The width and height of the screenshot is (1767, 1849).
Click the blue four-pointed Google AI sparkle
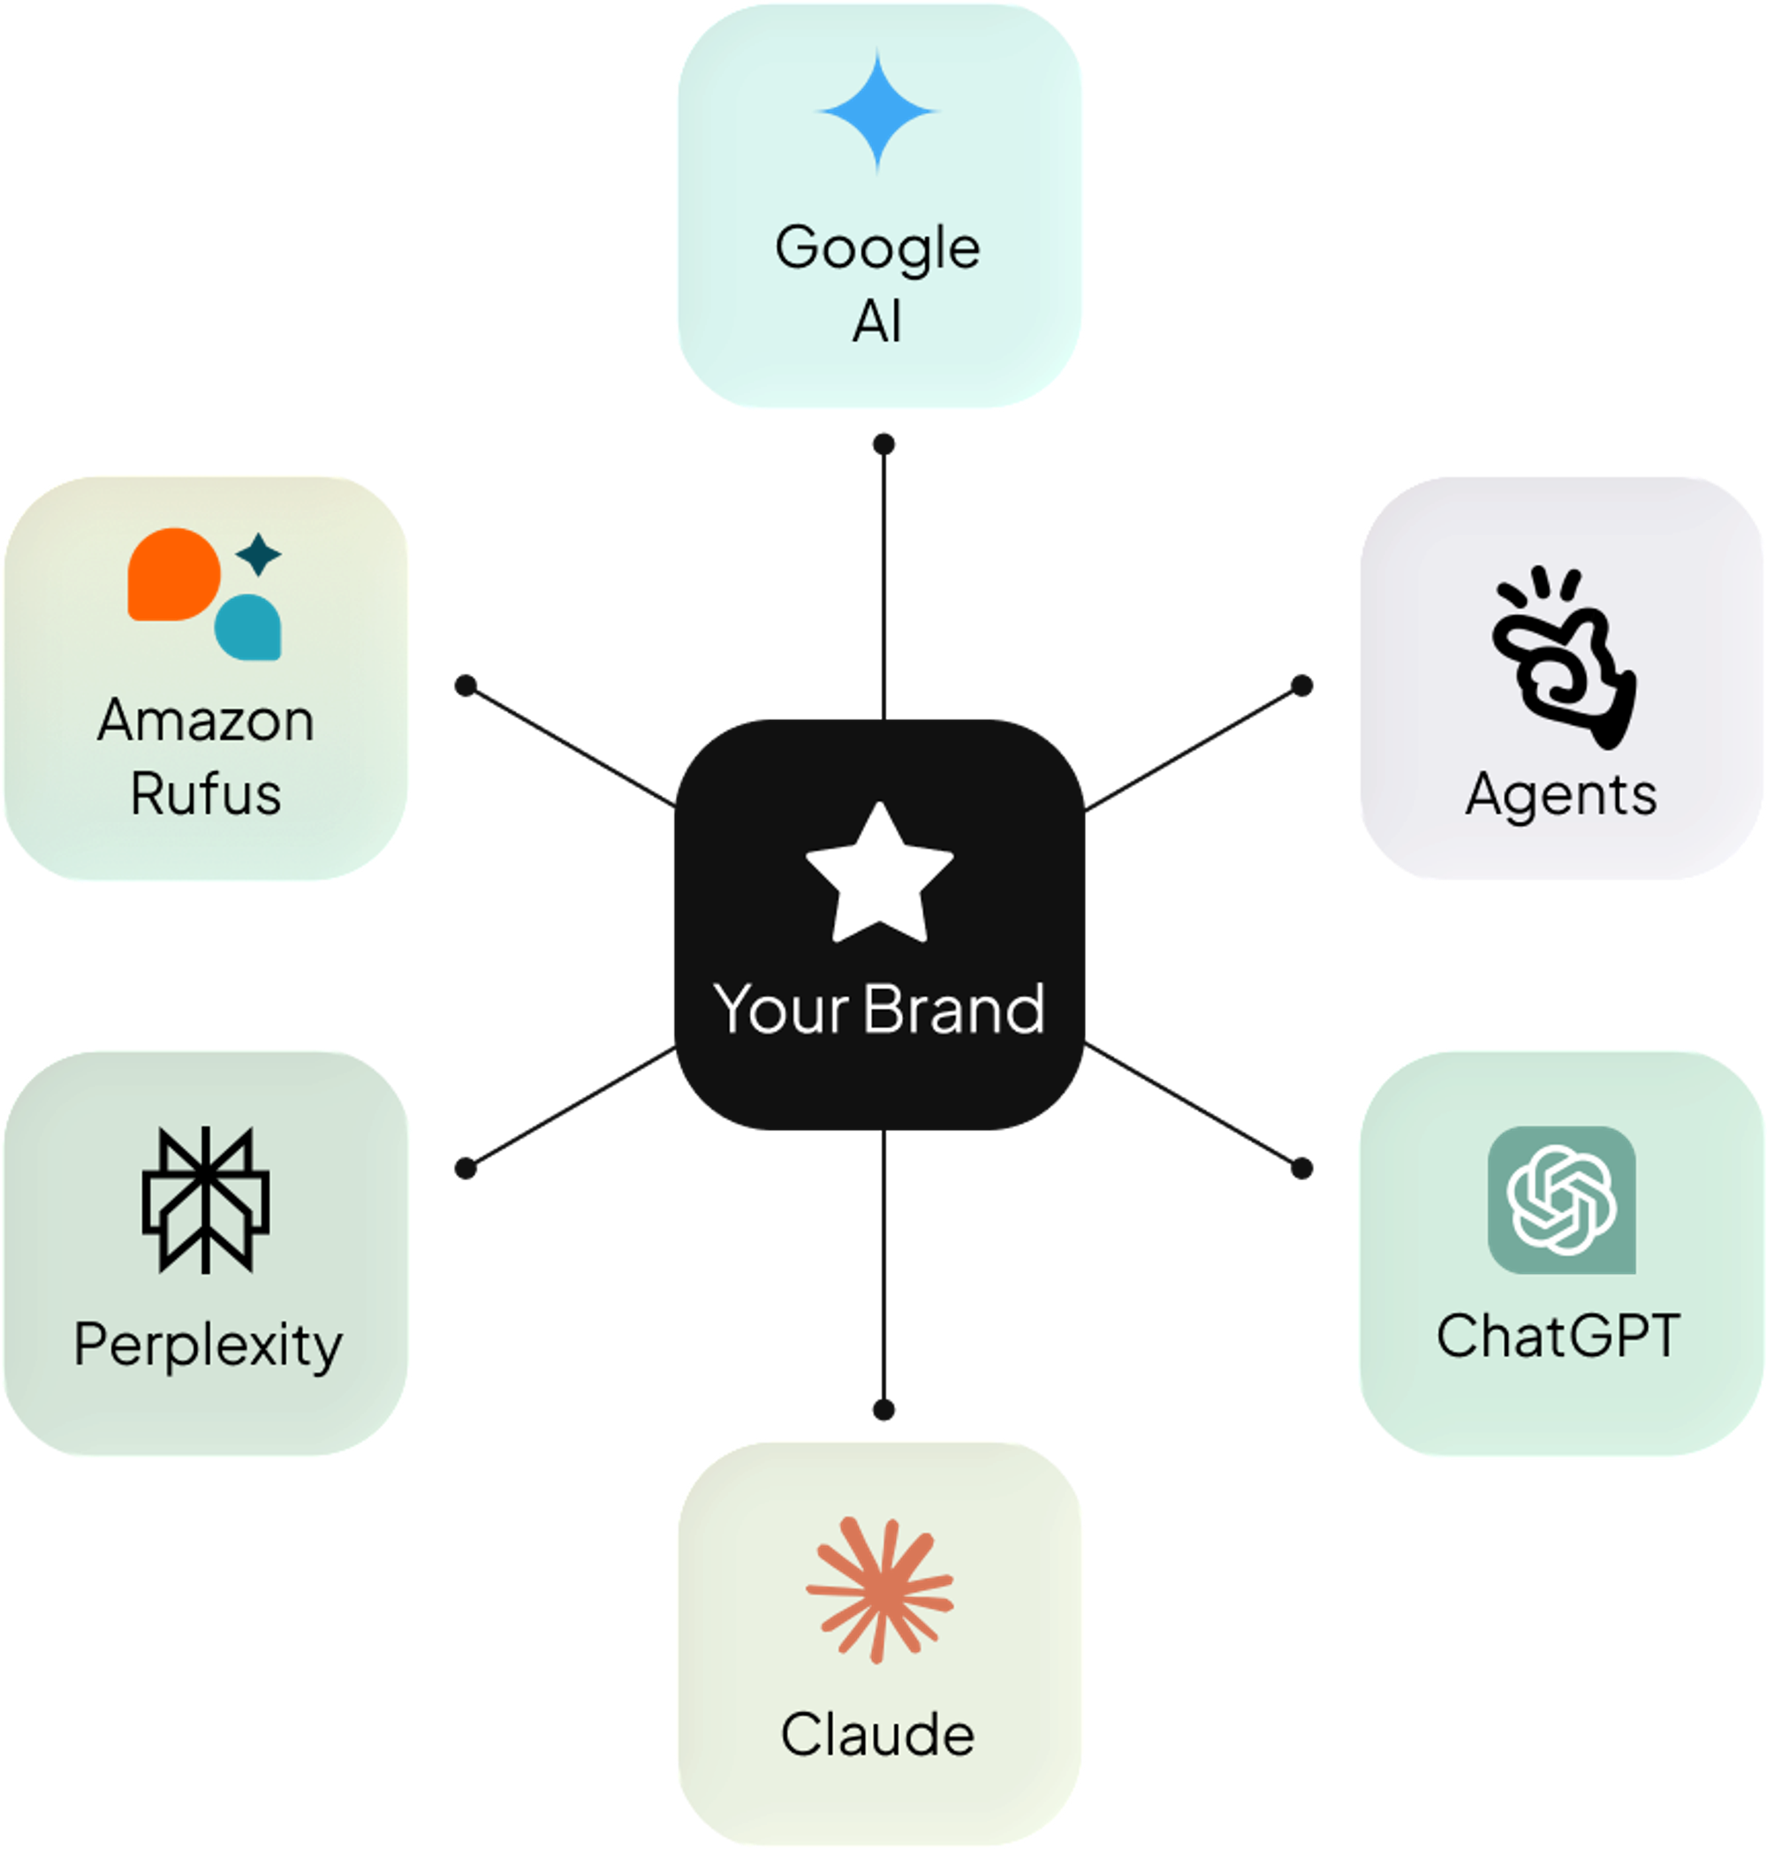(878, 111)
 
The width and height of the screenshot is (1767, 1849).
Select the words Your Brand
(880, 1009)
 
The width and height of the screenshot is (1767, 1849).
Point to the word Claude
(878, 1734)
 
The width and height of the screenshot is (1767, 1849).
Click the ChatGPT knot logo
(1562, 1200)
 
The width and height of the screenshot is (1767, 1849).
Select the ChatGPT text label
(1558, 1336)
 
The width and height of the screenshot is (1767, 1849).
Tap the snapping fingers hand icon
(1564, 657)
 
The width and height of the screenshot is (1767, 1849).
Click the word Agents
(1562, 796)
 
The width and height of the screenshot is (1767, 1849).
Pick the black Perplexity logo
(205, 1200)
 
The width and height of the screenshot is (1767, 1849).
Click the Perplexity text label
(209, 1345)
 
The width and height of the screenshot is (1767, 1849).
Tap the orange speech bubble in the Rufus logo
(173, 574)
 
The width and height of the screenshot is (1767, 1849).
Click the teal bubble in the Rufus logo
(247, 627)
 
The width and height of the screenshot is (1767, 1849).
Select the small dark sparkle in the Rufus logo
(258, 554)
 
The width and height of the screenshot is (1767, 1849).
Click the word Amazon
(205, 722)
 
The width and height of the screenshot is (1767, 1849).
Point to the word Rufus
(205, 794)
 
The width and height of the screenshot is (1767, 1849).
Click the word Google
(878, 248)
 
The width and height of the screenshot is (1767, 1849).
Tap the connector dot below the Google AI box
(883, 443)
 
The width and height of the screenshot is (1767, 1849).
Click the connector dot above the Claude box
(883, 1410)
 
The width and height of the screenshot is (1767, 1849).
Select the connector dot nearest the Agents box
(1301, 686)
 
